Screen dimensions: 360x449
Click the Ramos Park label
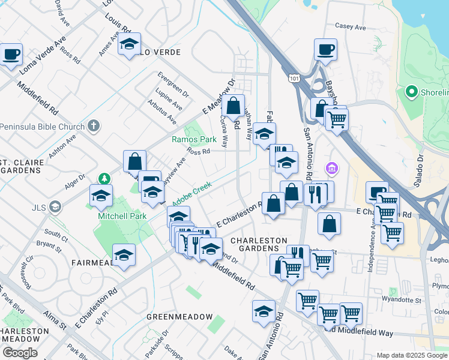(x=193, y=139)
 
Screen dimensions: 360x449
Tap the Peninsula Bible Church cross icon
(x=92, y=126)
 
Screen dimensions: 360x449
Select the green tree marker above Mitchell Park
(x=104, y=178)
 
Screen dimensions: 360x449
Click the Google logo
(x=20, y=353)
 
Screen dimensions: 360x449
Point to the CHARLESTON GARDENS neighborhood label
(x=259, y=244)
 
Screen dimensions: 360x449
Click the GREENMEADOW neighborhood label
(x=180, y=316)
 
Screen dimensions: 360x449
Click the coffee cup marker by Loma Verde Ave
(x=11, y=55)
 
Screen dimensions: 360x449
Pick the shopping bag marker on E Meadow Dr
(x=233, y=106)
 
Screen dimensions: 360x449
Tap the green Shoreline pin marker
(x=412, y=92)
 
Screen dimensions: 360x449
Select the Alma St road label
(x=55, y=320)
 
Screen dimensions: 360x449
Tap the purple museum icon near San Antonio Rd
(x=331, y=169)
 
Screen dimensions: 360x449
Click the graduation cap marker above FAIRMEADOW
(x=124, y=255)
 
